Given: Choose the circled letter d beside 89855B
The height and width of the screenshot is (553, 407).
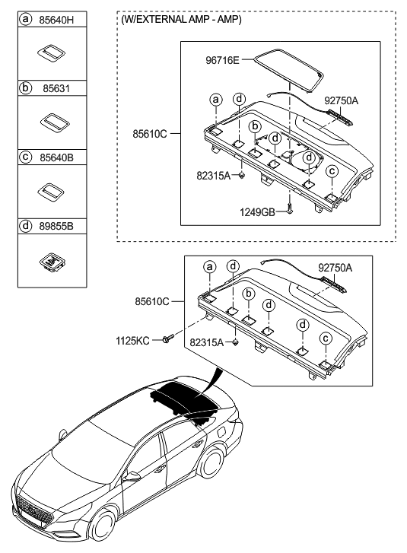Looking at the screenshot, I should tap(27, 226).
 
